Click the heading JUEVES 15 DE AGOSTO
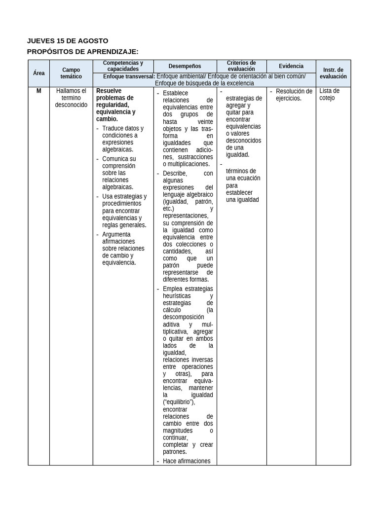[x=68, y=40]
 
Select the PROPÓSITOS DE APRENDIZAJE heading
[x=82, y=51]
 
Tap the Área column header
[x=38, y=73]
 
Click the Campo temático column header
[x=71, y=73]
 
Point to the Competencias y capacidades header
[x=123, y=66]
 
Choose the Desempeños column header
[x=185, y=66]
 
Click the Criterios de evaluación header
[x=241, y=66]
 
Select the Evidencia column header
[x=291, y=66]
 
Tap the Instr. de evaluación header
[x=333, y=73]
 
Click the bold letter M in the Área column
[x=38, y=91]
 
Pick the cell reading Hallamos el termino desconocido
[x=71, y=98]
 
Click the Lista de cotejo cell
[x=330, y=94]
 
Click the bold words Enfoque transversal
[x=129, y=76]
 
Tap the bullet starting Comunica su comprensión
[x=119, y=173]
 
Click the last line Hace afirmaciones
[x=187, y=461]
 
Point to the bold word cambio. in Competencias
[x=107, y=119]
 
